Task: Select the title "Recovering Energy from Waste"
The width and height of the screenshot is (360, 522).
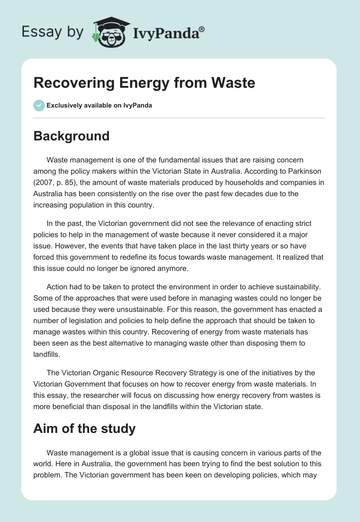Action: (x=144, y=83)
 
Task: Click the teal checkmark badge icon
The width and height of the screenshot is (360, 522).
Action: (x=39, y=106)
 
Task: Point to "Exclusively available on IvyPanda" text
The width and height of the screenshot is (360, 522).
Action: (x=99, y=106)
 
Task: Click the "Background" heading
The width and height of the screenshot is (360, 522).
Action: (x=71, y=135)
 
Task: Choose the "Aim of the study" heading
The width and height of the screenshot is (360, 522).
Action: (x=84, y=428)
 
